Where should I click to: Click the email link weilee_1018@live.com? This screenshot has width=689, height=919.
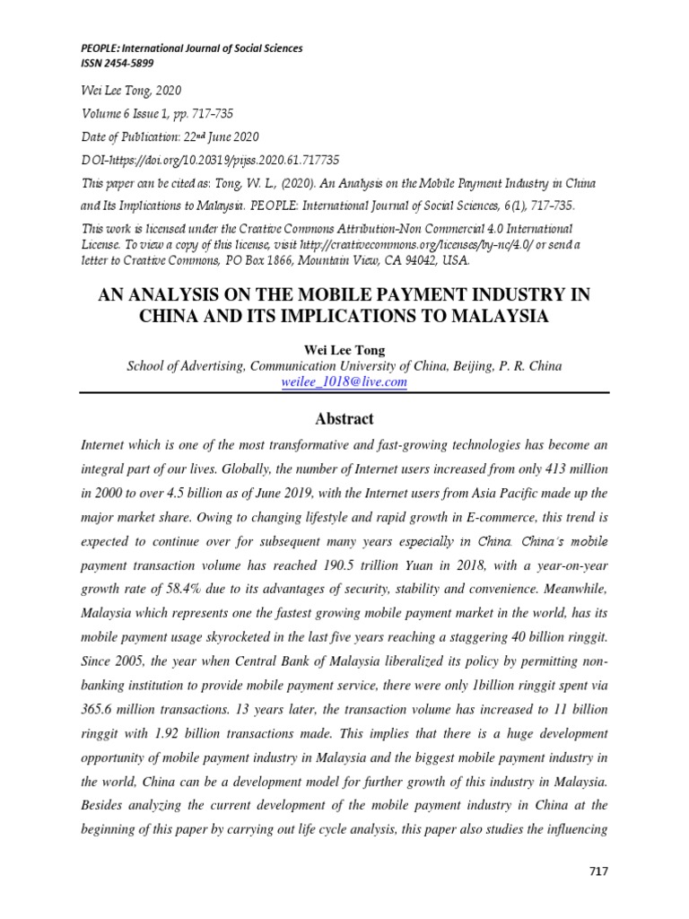coord(344,381)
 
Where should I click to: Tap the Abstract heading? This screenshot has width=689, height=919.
coord(344,419)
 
